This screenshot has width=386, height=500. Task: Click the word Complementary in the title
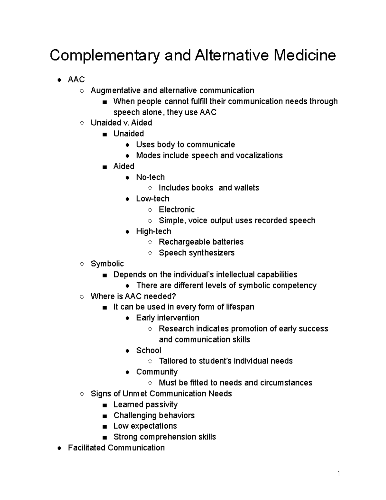[105, 56]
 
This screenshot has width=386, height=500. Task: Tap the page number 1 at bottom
[338, 473]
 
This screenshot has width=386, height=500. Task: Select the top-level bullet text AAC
[76, 80]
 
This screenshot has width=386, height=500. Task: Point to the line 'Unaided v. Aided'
[121, 123]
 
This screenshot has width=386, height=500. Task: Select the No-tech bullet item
[150, 177]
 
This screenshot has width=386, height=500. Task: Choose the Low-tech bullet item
[152, 199]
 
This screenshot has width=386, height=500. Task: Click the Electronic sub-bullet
[177, 210]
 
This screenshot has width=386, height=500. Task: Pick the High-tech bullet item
[153, 231]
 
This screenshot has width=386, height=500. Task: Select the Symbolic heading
[107, 264]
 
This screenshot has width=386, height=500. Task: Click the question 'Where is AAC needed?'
[133, 296]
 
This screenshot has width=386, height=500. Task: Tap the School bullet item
[148, 350]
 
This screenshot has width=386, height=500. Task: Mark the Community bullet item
[157, 372]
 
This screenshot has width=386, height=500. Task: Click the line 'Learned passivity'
[145, 404]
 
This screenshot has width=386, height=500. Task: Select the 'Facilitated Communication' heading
[116, 448]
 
